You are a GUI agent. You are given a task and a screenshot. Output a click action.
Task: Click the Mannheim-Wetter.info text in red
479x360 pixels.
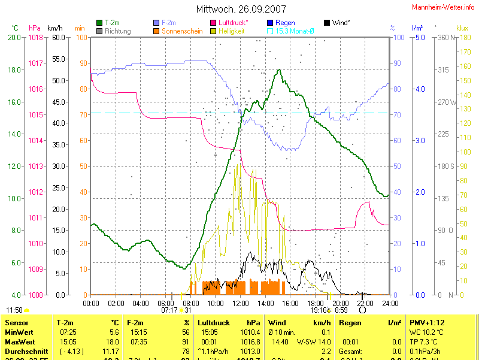tap(444, 7)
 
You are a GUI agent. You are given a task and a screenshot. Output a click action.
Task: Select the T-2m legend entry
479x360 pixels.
tap(111, 23)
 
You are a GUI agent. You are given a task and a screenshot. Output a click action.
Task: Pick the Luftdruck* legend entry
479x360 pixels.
tap(233, 23)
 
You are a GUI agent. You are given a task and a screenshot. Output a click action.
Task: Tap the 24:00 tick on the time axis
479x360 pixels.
tap(390, 303)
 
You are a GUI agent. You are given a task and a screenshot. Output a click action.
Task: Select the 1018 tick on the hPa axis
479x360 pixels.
tap(35, 37)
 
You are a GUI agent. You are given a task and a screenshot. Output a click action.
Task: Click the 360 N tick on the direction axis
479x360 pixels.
tap(446, 37)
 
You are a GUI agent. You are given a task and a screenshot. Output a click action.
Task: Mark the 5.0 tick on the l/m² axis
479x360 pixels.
tap(419, 37)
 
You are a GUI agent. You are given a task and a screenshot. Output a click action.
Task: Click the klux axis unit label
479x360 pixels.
tap(462, 28)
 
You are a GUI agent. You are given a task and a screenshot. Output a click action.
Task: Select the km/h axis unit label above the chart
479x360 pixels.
tap(54, 28)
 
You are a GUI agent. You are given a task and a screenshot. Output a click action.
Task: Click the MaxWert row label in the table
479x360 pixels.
tap(19, 341)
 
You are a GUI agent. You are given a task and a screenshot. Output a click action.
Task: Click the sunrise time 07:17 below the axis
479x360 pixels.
tap(169, 310)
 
